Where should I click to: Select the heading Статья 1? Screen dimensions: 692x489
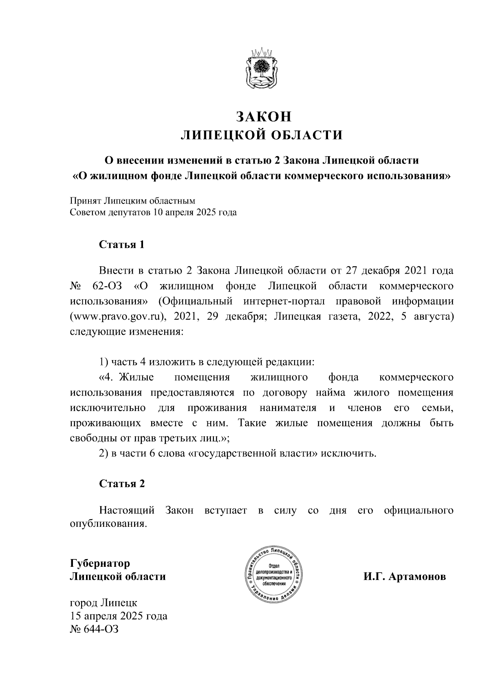click(122, 245)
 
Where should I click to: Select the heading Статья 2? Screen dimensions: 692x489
click(122, 484)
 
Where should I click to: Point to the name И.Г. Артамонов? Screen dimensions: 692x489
click(405, 577)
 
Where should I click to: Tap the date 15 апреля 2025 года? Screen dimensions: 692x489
click(119, 616)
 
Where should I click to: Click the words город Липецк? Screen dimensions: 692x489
click(104, 603)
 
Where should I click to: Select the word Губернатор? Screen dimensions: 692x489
click(100, 564)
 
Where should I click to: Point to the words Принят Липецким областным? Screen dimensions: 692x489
click(132, 201)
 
